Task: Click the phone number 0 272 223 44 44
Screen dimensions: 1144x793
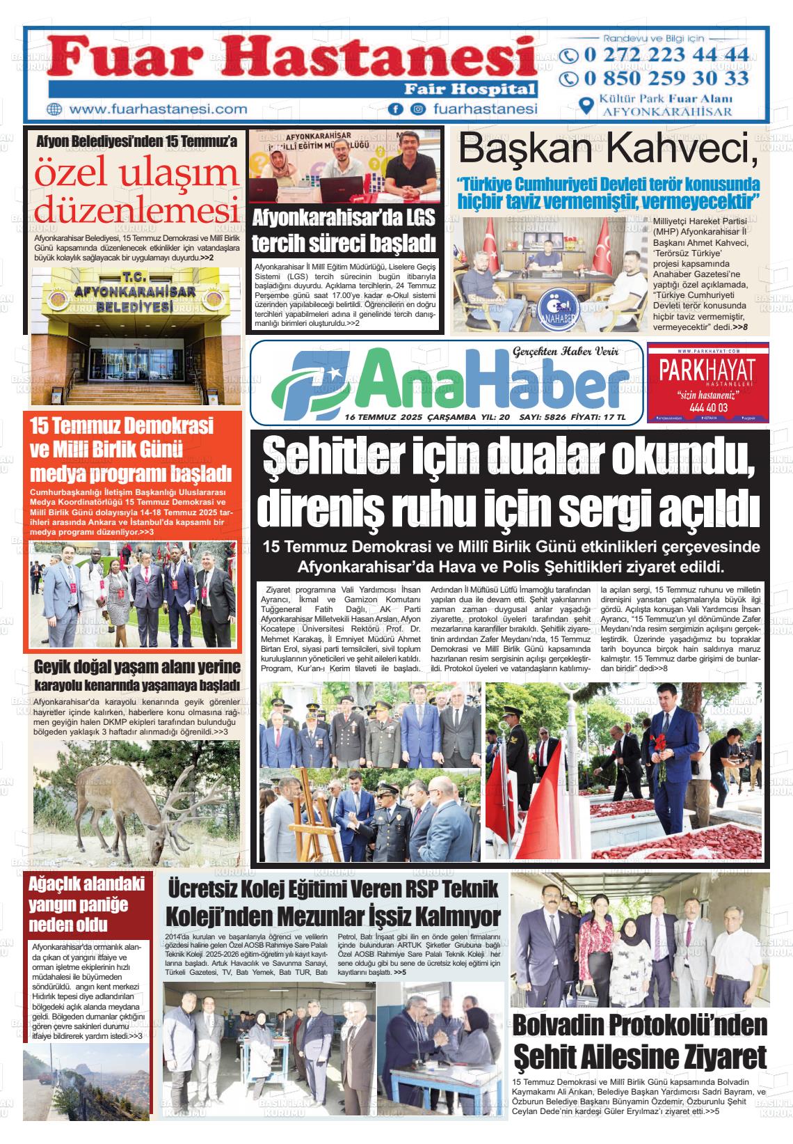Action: (666, 55)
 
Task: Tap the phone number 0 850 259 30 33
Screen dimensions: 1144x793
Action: (666, 78)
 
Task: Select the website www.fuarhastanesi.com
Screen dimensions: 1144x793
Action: (159, 109)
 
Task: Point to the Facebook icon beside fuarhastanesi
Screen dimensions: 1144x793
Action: (397, 109)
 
